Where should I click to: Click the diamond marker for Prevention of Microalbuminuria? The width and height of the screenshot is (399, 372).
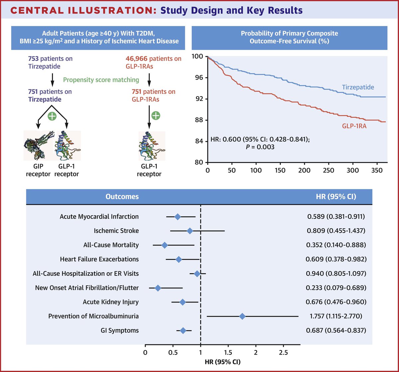click(242, 316)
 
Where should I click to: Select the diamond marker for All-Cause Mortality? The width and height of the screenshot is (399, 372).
click(165, 245)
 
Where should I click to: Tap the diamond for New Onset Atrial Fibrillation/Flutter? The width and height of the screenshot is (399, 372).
click(158, 288)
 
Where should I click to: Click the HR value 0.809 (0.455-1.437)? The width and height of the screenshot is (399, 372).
click(336, 231)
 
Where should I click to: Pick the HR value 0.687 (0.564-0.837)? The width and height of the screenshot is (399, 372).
click(336, 330)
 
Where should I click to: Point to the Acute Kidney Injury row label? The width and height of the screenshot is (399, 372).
click(111, 302)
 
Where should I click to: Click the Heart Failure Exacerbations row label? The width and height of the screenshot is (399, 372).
click(99, 259)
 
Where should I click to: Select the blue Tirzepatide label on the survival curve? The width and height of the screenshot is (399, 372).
click(358, 88)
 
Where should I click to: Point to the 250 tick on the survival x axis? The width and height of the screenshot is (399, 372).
click(329, 170)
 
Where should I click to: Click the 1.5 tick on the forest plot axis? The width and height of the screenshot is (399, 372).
click(228, 352)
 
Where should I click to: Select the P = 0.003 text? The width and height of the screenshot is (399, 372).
click(259, 147)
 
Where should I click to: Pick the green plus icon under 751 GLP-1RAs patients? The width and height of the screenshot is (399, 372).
click(156, 115)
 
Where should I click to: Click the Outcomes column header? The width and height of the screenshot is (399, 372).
click(122, 197)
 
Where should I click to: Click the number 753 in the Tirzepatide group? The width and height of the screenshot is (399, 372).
click(34, 59)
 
